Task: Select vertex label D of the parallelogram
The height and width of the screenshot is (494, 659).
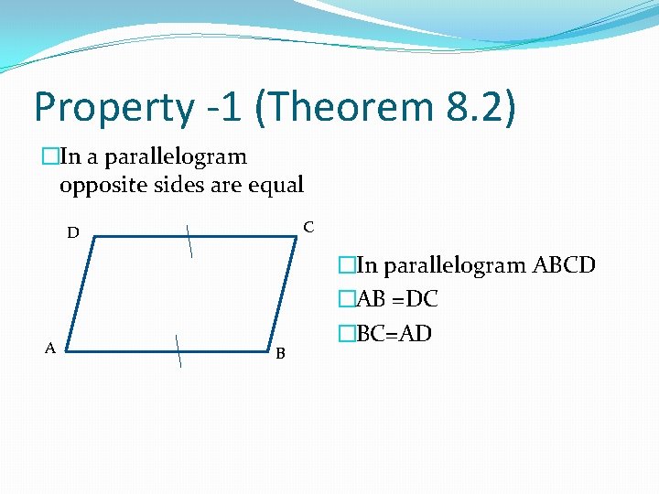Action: tap(72, 233)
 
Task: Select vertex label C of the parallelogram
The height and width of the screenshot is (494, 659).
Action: tap(308, 226)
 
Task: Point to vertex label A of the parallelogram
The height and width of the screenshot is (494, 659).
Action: tap(51, 347)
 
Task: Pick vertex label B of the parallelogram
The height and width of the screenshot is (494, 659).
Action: tap(280, 353)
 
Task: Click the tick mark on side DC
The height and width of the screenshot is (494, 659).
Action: tap(189, 241)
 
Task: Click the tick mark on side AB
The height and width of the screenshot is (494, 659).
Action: tap(178, 350)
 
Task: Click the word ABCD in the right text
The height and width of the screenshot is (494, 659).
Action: tap(564, 265)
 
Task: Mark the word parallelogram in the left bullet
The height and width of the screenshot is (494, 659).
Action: tap(176, 157)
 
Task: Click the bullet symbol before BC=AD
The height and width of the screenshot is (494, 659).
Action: tap(345, 333)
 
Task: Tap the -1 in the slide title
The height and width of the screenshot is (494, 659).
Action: tap(224, 107)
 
